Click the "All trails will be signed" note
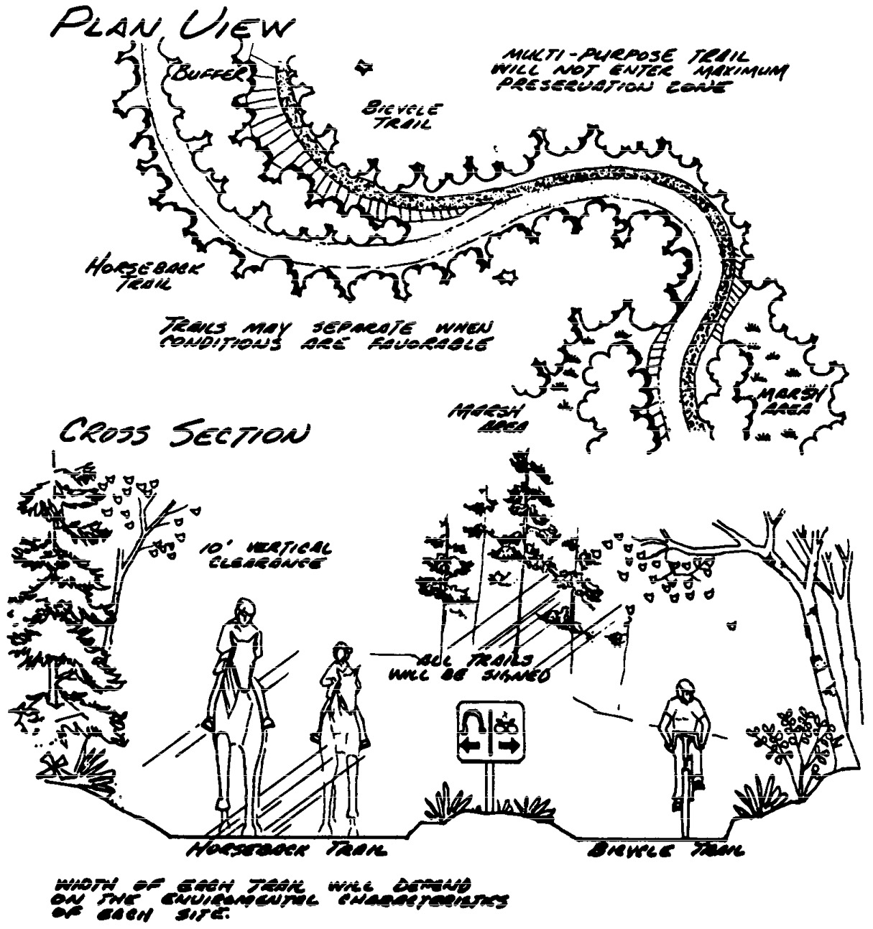[x=466, y=668]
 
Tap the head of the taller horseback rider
[x=244, y=612]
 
